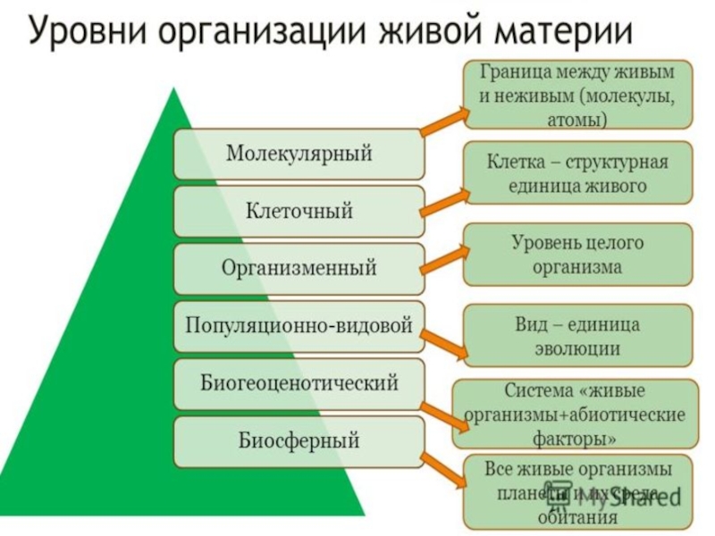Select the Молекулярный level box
299,154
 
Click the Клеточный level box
299,211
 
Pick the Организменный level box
299,268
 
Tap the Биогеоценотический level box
299,383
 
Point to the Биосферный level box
299,440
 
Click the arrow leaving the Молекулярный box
445,122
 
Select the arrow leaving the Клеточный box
445,201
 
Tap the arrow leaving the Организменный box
445,258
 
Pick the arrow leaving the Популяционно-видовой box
445,344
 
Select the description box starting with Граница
577,94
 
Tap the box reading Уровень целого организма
577,255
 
